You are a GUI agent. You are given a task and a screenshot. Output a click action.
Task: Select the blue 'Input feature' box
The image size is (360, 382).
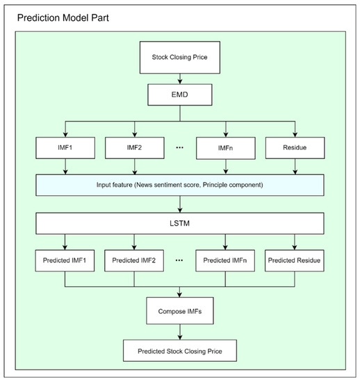(x=181, y=185)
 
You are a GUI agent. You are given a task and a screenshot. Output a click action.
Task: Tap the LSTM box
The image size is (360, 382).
(x=181, y=224)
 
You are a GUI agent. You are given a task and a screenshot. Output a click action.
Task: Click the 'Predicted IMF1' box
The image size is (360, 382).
(x=65, y=263)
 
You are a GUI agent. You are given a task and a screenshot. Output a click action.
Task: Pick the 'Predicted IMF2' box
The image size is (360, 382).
(x=136, y=263)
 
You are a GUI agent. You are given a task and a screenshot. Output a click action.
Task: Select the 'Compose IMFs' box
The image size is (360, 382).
(x=181, y=311)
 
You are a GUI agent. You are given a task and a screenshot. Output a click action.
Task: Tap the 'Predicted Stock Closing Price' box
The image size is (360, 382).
(x=181, y=350)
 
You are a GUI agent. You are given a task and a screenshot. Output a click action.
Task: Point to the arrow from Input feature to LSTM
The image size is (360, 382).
(x=181, y=204)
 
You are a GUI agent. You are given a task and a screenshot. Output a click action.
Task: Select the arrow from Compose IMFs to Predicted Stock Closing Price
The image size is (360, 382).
(x=181, y=332)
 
